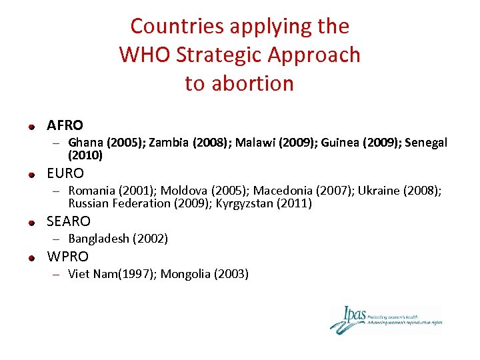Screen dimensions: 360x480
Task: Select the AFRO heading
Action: [x=65, y=125]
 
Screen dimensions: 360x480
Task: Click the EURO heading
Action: [x=65, y=173]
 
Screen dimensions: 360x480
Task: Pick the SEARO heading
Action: [x=69, y=221]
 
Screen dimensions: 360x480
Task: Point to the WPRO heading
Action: [x=67, y=257]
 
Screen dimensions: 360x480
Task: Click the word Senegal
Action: [x=426, y=143]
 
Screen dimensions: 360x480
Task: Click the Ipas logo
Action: [x=385, y=319]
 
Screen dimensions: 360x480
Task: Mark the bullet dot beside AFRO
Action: [x=31, y=126]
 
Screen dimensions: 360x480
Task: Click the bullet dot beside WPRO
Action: [x=31, y=257]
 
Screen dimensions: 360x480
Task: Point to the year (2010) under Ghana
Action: [x=85, y=155]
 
